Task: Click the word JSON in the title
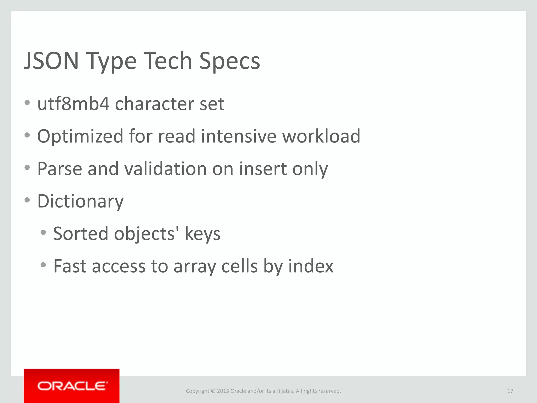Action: tap(51, 61)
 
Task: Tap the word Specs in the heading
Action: tap(229, 61)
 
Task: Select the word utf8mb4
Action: tap(73, 104)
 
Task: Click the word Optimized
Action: tap(80, 136)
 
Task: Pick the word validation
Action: tap(165, 169)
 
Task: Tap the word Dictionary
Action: tap(80, 201)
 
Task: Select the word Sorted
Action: tap(80, 234)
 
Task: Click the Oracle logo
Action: tap(72, 386)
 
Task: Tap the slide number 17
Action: tap(510, 391)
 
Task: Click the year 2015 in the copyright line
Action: tap(223, 391)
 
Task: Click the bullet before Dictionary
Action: tap(27, 200)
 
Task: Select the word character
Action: tap(154, 104)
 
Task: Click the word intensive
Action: tap(239, 136)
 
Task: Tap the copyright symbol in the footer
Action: tap(213, 391)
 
